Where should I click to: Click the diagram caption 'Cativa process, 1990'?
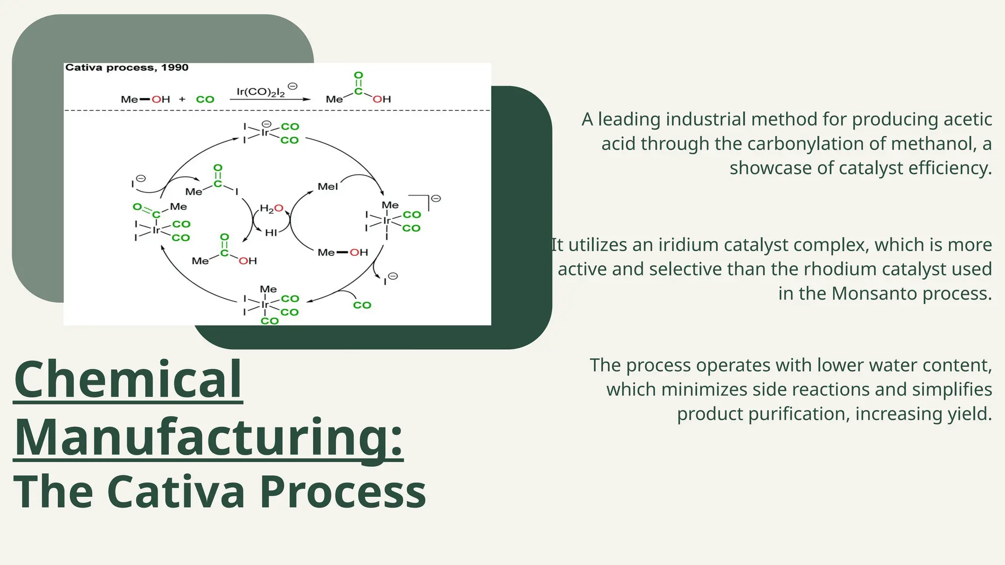pos(127,68)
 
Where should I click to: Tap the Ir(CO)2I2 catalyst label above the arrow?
pos(261,92)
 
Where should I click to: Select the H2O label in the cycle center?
pos(271,208)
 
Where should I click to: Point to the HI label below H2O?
pos(271,232)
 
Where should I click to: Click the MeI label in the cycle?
pos(328,186)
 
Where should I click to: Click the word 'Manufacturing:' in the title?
pos(208,437)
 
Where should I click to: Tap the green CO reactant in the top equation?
pos(205,100)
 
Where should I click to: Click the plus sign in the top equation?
pos(182,99)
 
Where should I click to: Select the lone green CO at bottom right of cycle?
pos(362,305)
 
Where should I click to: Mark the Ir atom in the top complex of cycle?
pos(265,133)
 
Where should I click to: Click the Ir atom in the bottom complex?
pos(265,305)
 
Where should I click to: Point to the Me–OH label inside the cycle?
pos(343,253)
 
